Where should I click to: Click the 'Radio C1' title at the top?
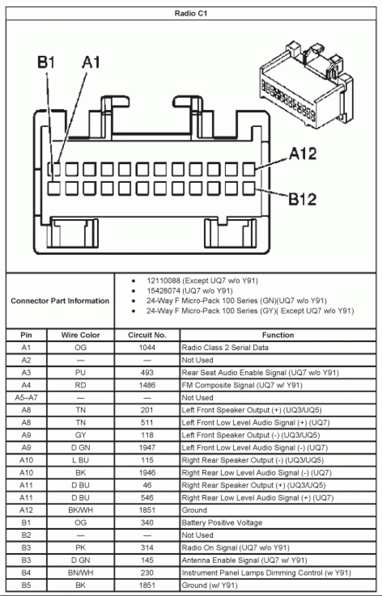coord(191,13)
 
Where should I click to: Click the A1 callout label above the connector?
coord(91,62)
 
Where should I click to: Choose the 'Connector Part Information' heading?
coord(60,301)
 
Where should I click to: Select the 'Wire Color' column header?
coord(80,335)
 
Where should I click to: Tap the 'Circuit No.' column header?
coord(147,335)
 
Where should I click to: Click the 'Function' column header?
coord(278,335)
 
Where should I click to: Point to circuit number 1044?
coord(147,347)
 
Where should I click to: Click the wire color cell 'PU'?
coord(80,373)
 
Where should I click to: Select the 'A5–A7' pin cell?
coord(26,397)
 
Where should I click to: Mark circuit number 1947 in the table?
coord(147,448)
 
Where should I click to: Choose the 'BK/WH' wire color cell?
coord(80,510)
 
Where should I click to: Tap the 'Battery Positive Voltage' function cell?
coord(222,523)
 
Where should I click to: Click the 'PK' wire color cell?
coord(80,547)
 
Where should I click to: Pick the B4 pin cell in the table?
coord(26,572)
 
